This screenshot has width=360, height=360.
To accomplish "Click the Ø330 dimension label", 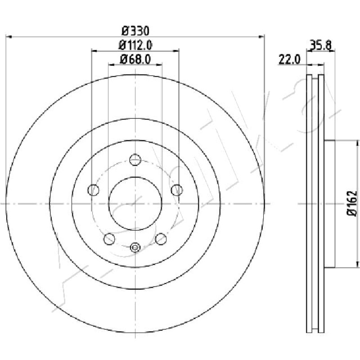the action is [135, 31].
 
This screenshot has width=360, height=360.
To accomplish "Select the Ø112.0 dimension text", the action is [135, 45].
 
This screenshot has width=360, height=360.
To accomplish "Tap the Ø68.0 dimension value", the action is [135, 60].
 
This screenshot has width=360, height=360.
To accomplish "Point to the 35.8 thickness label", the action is [321, 45].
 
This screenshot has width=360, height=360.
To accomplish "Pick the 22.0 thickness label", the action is [289, 59].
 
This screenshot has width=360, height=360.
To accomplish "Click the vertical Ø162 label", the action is [352, 203].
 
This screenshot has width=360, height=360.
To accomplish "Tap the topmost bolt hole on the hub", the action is [135, 160].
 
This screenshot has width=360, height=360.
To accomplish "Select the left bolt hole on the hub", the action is [94, 190].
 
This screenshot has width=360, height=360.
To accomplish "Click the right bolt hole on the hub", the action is [177, 190].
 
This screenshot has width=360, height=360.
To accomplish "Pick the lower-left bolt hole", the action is [109, 239].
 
